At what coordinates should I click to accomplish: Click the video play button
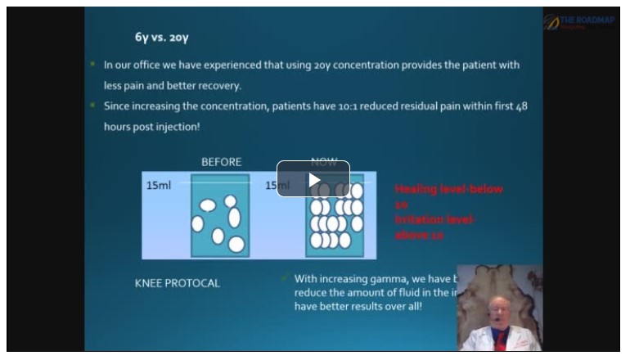(313, 178)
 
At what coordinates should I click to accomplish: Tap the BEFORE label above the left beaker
(221, 162)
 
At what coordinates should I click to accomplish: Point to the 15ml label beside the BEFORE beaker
(158, 186)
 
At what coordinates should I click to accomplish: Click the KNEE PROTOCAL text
(177, 283)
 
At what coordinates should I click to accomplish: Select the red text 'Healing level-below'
(448, 189)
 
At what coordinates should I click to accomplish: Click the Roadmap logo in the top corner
(578, 22)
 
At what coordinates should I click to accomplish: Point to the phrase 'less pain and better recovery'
(172, 85)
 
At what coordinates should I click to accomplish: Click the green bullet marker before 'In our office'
(94, 65)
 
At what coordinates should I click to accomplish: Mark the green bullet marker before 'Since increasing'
(94, 106)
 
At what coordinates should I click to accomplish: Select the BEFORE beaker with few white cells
(219, 216)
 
